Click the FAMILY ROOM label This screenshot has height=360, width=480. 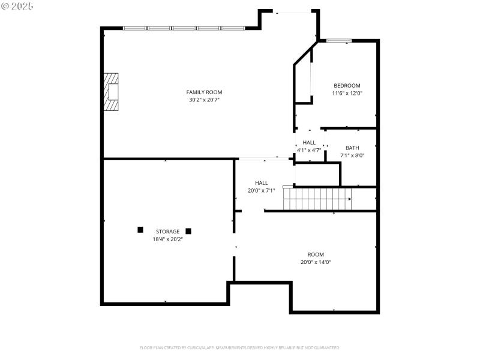pyautogui.click(x=204, y=92)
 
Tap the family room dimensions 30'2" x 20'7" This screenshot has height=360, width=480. pyautogui.click(x=204, y=100)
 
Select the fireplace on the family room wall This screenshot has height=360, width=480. pyautogui.click(x=111, y=92)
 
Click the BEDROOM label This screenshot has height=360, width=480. pyautogui.click(x=347, y=85)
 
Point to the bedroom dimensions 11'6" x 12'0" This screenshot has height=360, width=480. pyautogui.click(x=347, y=93)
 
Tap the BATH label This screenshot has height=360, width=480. pyautogui.click(x=352, y=148)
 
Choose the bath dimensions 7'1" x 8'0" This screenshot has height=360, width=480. pyautogui.click(x=352, y=155)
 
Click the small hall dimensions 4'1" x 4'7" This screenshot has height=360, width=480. pyautogui.click(x=309, y=149)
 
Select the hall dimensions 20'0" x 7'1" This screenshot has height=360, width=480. pyautogui.click(x=262, y=191)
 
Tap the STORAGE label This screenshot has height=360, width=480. pyautogui.click(x=167, y=231)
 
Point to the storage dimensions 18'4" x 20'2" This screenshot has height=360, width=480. pyautogui.click(x=167, y=239)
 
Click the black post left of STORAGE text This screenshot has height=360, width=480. pyautogui.click(x=140, y=229)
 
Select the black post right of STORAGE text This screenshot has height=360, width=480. pyautogui.click(x=188, y=231)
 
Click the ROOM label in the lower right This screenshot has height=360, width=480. pyautogui.click(x=316, y=254)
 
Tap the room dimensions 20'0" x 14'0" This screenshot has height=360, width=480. pyautogui.click(x=316, y=262)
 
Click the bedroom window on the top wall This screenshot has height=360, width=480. pyautogui.click(x=339, y=41)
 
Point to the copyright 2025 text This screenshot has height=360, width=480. pyautogui.click(x=17, y=6)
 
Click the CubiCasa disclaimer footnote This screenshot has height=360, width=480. pyautogui.click(x=240, y=347)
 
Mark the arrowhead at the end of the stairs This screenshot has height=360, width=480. pyautogui.click(x=350, y=199)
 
